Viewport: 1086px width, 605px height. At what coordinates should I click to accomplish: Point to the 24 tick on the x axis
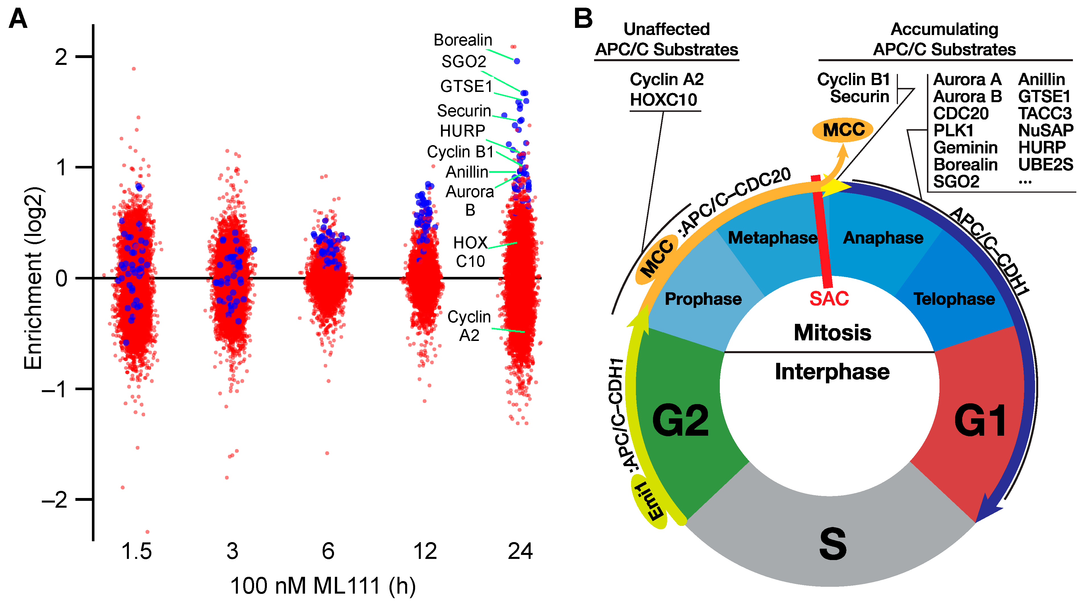point(520,551)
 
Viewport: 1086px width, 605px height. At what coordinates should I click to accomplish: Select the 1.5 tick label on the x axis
point(136,551)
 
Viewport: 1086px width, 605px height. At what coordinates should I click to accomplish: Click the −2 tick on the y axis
point(55,500)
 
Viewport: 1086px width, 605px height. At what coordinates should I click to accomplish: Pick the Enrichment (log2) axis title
point(33,278)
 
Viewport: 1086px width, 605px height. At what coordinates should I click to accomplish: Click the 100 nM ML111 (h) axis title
point(323,586)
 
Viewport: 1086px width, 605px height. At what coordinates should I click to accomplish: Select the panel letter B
point(583,19)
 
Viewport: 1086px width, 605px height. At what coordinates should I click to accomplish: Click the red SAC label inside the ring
point(829,299)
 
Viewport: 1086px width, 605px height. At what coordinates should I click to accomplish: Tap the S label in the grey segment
point(832,544)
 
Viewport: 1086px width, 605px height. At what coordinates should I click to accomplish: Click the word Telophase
point(954,299)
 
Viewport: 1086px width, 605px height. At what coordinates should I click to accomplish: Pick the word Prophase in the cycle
point(703,299)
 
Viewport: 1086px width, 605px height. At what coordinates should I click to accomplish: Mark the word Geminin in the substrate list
point(965,148)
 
